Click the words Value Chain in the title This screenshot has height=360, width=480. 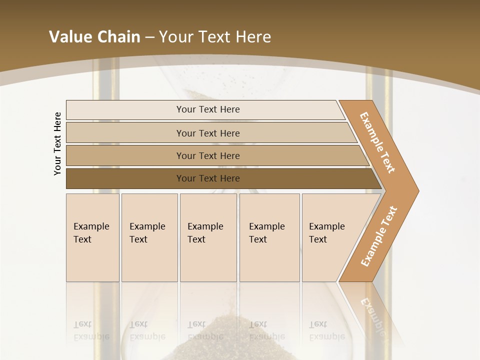coord(94,37)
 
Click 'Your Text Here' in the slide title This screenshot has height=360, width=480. coord(215,37)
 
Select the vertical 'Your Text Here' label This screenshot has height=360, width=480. coord(58,143)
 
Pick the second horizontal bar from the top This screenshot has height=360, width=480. coord(208,133)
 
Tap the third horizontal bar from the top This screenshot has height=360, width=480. coord(208,155)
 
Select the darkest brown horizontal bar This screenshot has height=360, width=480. coord(208,178)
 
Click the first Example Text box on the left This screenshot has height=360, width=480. coord(92,237)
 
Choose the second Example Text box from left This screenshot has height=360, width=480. coord(149,237)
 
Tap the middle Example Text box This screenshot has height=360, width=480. coord(208,237)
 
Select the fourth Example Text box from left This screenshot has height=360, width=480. coord(269,237)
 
